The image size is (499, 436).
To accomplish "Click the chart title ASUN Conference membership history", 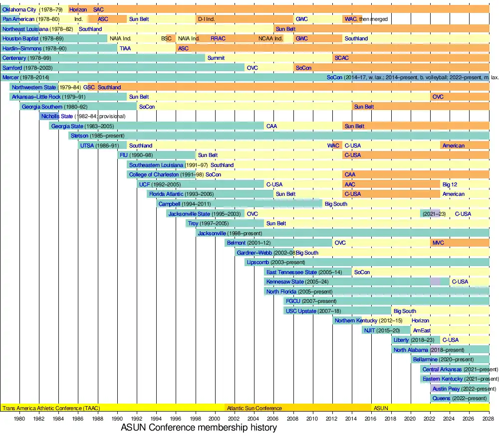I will coord(199,428).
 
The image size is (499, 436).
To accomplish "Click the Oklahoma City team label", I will coord(19,9).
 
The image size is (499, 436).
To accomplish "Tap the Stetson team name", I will coord(79,136).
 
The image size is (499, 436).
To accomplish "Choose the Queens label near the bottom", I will coord(441,398).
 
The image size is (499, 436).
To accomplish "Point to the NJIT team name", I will coord(369,330).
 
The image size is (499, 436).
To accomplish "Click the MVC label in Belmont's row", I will coord(438,243).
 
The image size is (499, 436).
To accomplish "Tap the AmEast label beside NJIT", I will coord(422,330).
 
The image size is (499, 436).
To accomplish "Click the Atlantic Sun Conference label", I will coord(254,408).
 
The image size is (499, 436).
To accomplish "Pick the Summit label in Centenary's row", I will coord(216,58).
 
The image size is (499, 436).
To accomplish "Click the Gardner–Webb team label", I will coord(252,253).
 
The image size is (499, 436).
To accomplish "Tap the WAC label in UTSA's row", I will coord(333,145).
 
